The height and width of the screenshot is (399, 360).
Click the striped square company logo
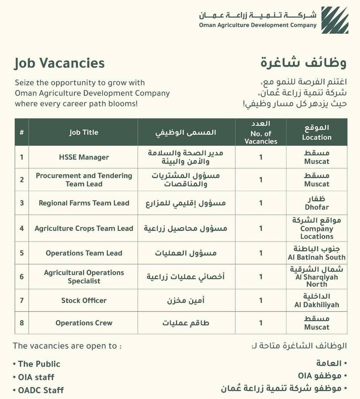(x=334, y=20)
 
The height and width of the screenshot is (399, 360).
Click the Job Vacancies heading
(x=60, y=63)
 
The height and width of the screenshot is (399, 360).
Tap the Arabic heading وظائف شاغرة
(x=304, y=63)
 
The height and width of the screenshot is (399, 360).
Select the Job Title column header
(x=84, y=132)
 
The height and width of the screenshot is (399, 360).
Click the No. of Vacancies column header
(x=261, y=133)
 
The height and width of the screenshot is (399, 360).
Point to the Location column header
(x=317, y=132)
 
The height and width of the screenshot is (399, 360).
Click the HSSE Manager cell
(x=84, y=157)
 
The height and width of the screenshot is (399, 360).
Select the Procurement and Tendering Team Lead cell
(x=84, y=180)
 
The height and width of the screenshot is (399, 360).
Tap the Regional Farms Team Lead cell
(x=84, y=203)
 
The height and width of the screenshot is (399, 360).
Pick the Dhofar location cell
(x=317, y=203)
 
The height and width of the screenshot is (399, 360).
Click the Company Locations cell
(x=317, y=228)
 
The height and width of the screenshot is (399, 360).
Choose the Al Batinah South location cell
(x=317, y=253)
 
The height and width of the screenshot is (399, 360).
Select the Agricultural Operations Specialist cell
(x=84, y=277)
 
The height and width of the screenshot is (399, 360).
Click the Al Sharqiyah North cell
(x=317, y=276)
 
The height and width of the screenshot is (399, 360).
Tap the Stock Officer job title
(x=84, y=300)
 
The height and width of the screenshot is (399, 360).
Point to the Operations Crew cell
(x=84, y=323)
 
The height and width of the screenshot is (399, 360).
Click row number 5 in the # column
(x=22, y=253)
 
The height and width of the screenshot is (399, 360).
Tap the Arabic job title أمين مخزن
(x=186, y=300)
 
